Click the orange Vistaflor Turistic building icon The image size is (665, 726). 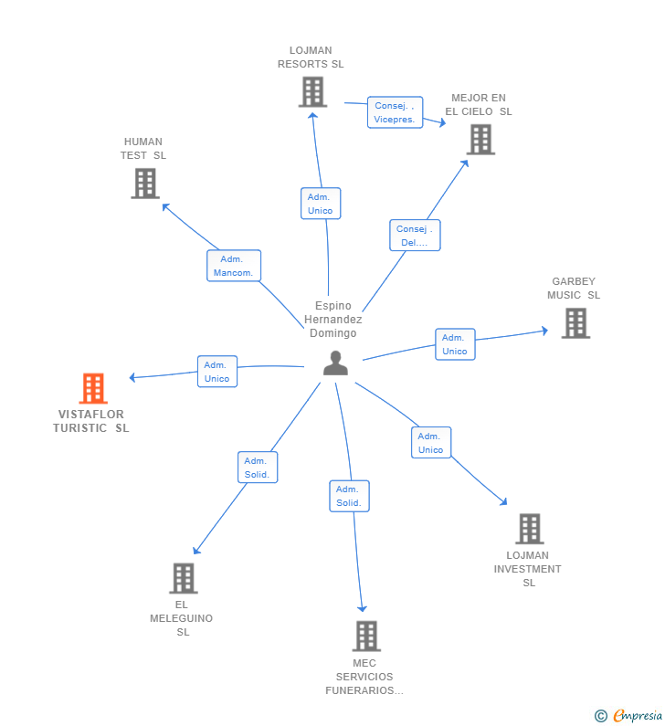[93, 388]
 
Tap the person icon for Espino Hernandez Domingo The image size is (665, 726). [336, 363]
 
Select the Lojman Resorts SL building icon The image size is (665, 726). [312, 91]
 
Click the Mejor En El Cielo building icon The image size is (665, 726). [480, 139]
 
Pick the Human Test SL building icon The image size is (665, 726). [145, 183]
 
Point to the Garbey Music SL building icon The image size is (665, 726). [575, 322]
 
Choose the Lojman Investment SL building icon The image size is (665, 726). [530, 528]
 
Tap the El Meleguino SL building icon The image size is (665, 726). [184, 577]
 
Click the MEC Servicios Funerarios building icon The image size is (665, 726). [365, 636]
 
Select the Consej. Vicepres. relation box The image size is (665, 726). [395, 112]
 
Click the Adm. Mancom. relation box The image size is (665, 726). [234, 266]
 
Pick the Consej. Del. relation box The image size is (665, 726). [415, 236]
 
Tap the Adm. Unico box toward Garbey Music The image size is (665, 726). [455, 344]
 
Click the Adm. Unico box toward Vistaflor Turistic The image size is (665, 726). [217, 372]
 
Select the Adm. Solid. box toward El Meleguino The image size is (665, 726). [257, 468]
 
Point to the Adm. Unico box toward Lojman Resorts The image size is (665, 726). [320, 204]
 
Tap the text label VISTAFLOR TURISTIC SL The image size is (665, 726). [91, 421]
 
